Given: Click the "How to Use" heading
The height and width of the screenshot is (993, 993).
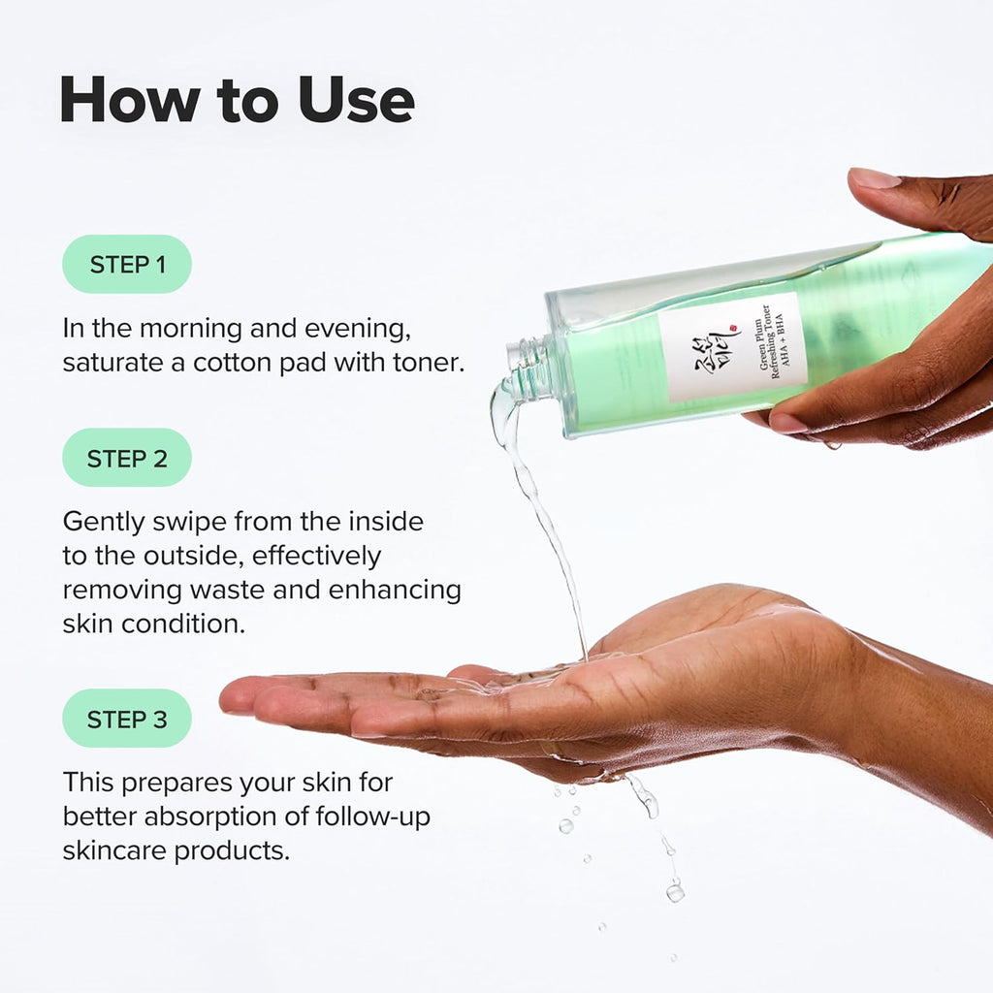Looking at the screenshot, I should click(x=237, y=99).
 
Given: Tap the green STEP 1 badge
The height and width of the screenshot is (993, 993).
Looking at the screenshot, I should click(x=127, y=264).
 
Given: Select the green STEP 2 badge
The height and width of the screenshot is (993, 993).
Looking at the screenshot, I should click(x=127, y=458).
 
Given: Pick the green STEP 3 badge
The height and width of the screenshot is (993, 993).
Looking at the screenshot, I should click(x=127, y=719).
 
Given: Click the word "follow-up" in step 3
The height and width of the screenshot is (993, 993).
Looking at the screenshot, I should click(x=373, y=817).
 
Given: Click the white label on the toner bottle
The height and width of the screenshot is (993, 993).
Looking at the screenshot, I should click(x=732, y=347).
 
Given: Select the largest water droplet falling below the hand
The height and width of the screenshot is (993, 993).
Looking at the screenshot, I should click(x=675, y=890).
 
